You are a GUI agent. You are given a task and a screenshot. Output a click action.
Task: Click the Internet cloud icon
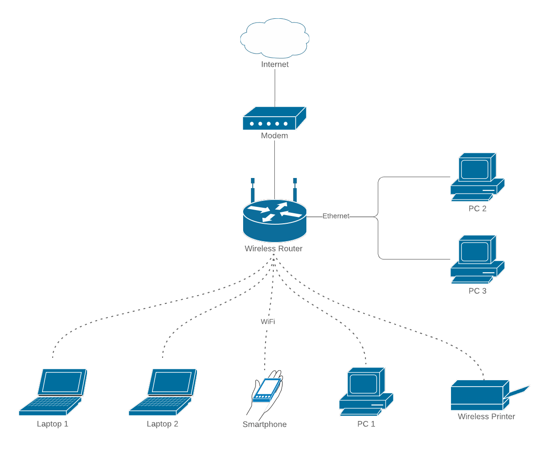pos(275,38)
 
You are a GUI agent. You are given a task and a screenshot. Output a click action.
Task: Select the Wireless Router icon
pos(274,221)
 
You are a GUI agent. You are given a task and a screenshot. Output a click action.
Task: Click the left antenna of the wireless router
pos(252,190)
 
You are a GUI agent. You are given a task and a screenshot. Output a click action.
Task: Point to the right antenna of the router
pos(295,190)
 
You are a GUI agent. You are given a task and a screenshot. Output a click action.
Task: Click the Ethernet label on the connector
pos(336,216)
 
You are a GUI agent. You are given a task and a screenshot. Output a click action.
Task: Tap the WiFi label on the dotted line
pos(268,322)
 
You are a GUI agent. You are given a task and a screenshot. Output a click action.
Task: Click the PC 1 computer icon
pos(366,391)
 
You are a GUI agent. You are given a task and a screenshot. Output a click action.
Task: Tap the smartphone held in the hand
pos(266,389)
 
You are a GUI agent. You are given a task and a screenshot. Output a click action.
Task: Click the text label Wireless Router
pos(273,249)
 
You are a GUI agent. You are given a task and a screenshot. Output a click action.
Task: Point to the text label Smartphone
pos(265,425)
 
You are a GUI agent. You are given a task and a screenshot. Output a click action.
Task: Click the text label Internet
pos(275,65)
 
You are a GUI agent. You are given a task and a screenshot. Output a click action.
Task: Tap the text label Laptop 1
pos(53,424)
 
